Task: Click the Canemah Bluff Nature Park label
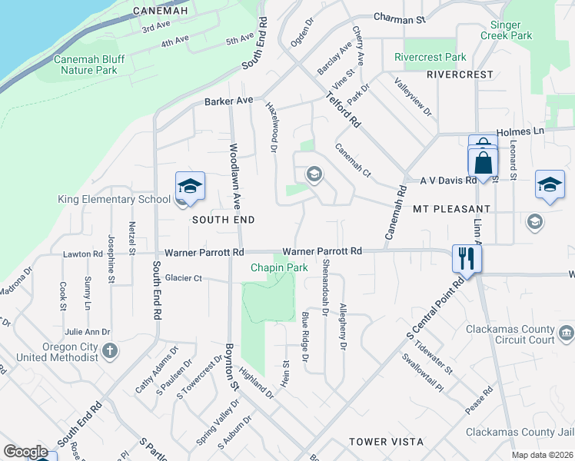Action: [85, 65]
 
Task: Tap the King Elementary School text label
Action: [114, 200]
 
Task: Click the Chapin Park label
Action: [280, 267]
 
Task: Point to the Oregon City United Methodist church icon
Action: [110, 351]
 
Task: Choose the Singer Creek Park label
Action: [506, 29]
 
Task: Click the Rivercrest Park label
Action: [430, 58]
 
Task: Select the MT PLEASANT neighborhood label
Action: [451, 209]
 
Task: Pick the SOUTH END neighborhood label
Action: [223, 220]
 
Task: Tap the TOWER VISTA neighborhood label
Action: [386, 442]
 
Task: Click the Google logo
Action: [25, 452]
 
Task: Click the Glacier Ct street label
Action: [183, 278]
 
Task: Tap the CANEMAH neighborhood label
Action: [160, 11]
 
